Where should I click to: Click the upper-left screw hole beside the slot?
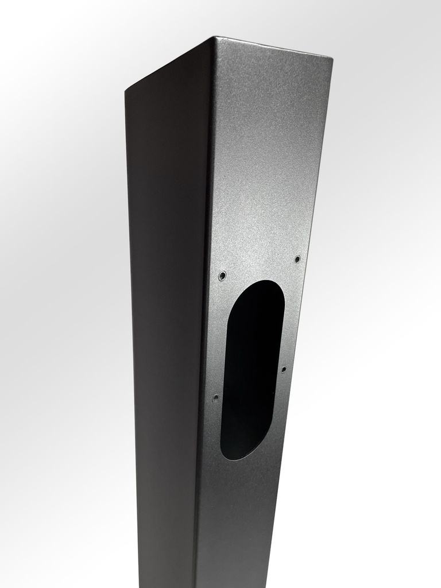222,276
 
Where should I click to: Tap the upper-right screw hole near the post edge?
297,259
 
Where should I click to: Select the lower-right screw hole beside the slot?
283,369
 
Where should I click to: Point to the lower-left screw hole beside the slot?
215,397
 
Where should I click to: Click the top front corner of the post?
215,38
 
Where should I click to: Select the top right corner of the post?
332,57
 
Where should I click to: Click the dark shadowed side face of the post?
167,316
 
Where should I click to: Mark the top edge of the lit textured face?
274,48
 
